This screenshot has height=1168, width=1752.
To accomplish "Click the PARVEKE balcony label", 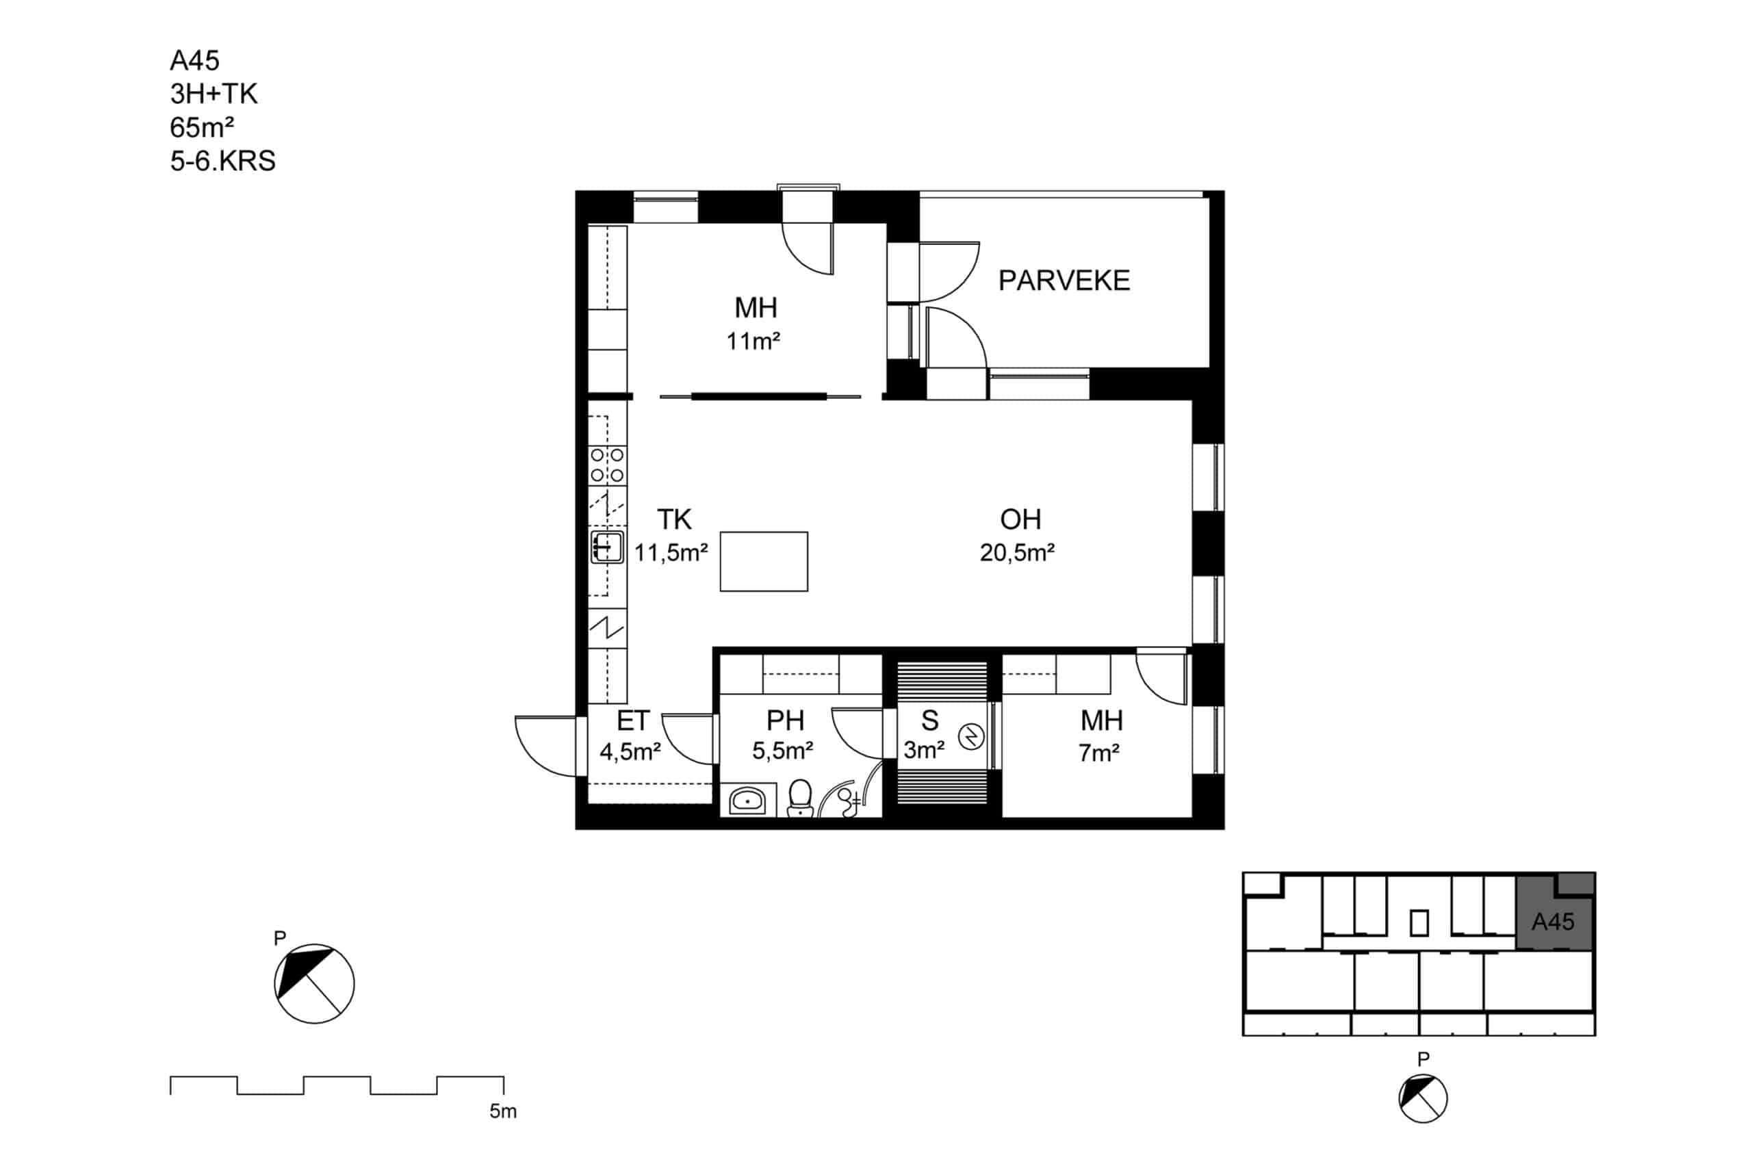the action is [x=1064, y=281].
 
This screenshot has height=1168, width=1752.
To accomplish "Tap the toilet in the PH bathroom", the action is [x=800, y=798].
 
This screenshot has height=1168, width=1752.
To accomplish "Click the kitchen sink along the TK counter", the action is [x=607, y=547].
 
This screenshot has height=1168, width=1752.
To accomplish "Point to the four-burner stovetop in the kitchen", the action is [x=607, y=465].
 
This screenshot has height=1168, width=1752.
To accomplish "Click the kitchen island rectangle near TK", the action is [x=764, y=562].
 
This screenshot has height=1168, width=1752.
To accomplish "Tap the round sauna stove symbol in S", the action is [x=970, y=738].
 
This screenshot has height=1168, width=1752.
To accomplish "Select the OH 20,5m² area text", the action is [x=1018, y=536].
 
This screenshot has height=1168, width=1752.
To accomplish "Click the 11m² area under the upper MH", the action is [x=753, y=341].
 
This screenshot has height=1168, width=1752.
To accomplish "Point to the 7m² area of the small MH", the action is [x=1098, y=753].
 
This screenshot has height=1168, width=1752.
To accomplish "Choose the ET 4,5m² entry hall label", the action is [x=631, y=736].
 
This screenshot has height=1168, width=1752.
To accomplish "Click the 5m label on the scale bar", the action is [x=503, y=1111].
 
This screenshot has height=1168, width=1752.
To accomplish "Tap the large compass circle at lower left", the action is [x=314, y=983].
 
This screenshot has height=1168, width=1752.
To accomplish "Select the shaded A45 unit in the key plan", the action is [x=1556, y=913].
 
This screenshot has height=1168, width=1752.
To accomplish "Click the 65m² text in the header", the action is [x=202, y=127].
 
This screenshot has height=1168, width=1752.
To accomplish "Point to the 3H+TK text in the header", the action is [x=214, y=94].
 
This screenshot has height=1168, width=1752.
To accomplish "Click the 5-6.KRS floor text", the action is [x=222, y=161].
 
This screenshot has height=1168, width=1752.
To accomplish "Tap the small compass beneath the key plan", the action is [x=1423, y=1099].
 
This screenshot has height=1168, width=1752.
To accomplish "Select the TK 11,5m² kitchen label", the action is [x=671, y=536].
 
